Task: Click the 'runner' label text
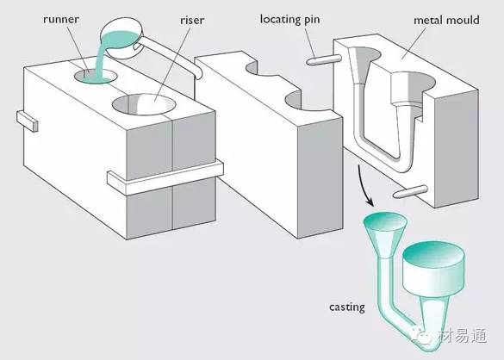[x=61, y=20]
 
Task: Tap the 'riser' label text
[x=192, y=21]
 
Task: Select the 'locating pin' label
[x=289, y=20]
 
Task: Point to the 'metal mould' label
[x=446, y=21]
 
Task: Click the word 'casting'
[x=347, y=307]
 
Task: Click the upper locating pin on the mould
[x=323, y=60]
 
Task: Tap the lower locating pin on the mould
[x=410, y=191]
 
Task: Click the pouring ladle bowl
[x=121, y=39]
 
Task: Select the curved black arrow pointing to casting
[x=364, y=186]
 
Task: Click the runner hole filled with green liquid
[x=96, y=76]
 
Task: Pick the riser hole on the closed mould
[x=144, y=104]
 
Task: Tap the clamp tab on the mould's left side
[x=28, y=121]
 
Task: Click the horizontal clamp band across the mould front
[x=165, y=177]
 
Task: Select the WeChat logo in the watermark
[x=421, y=335]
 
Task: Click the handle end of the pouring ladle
[x=198, y=75]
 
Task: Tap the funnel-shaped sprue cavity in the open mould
[x=363, y=65]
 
